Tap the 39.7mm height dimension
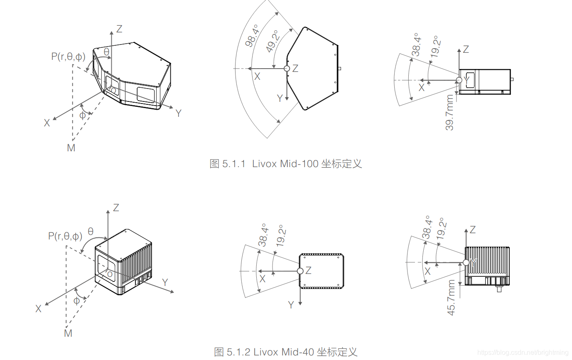(450, 113)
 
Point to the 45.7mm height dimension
(452, 297)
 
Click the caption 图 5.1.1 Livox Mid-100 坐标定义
(286, 163)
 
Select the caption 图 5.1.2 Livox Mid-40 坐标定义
(286, 352)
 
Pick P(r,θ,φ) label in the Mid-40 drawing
(65, 237)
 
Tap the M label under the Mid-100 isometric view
(71, 148)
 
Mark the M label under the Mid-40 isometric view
(68, 333)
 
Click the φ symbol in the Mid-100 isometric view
(82, 115)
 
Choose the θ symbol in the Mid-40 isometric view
(91, 232)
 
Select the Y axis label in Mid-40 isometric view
(165, 282)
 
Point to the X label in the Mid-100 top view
(258, 76)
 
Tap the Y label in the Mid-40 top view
(291, 305)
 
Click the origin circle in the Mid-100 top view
(286, 68)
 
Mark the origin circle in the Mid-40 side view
(466, 263)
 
